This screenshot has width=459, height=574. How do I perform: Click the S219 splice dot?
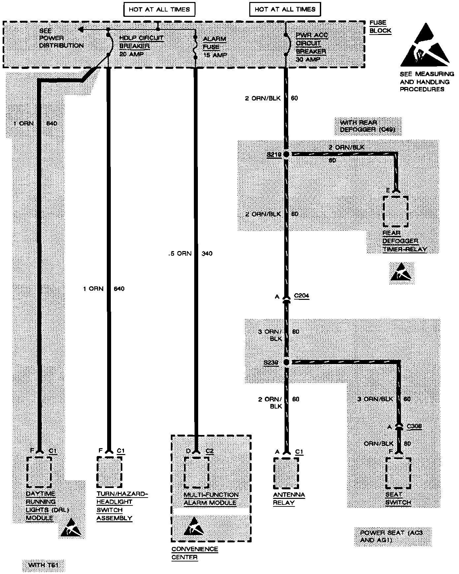coord(286,154)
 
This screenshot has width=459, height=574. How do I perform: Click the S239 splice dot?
coord(286,362)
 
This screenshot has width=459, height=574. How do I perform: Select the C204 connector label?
coord(301,296)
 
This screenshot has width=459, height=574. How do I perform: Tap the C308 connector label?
coord(414,426)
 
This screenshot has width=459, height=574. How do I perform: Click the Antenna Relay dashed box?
coord(286,474)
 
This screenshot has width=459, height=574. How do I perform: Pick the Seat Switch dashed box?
coord(399,473)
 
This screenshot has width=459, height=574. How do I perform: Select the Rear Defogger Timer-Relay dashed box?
coord(396,212)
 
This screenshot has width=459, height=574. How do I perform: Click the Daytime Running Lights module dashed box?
coord(39,472)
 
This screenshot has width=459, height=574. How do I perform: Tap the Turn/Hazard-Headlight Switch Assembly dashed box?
coord(109,472)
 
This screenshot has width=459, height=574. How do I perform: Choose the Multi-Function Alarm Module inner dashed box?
coord(196,472)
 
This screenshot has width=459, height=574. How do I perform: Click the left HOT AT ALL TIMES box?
coord(159,9)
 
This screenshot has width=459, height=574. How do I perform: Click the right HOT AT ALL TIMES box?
coord(285,9)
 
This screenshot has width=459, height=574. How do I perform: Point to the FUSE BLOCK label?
coord(380,27)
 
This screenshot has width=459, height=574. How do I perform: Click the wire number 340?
coord(207,253)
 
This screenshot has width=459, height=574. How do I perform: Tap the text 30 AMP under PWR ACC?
coord(306,60)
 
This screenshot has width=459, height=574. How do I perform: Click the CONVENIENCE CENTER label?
coord(195,553)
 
